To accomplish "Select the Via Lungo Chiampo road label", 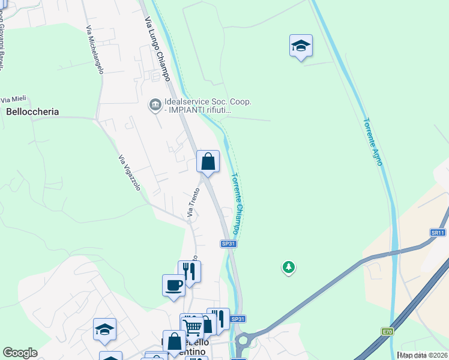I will pyautogui.click(x=158, y=49).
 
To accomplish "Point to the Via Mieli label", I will pyautogui.click(x=14, y=100).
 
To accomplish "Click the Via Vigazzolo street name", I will pyautogui.click(x=130, y=173).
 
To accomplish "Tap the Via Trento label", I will pyautogui.click(x=192, y=202).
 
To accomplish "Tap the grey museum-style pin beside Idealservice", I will pyautogui.click(x=155, y=106).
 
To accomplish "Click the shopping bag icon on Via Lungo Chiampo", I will pyautogui.click(x=208, y=161).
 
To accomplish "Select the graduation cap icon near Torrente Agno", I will pyautogui.click(x=301, y=46).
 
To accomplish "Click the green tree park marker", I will pyautogui.click(x=289, y=267).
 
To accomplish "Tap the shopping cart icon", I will pyautogui.click(x=193, y=328).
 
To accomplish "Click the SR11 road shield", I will pyautogui.click(x=438, y=232).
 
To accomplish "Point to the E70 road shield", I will pyautogui.click(x=388, y=331).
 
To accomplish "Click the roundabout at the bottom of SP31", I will pyautogui.click(x=243, y=345).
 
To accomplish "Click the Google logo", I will pyautogui.click(x=20, y=353).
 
